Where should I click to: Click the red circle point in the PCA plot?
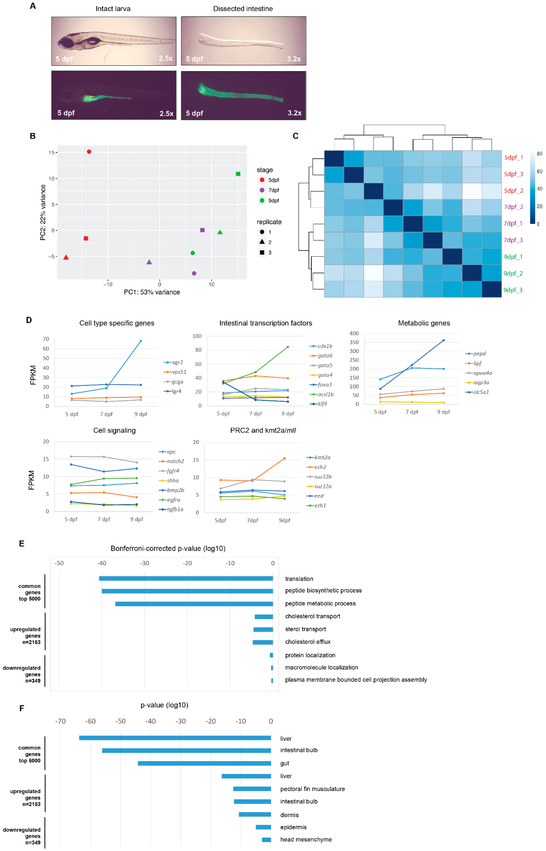click(x=89, y=152)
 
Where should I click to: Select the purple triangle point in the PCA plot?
click(x=149, y=262)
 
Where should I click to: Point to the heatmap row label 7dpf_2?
click(x=513, y=207)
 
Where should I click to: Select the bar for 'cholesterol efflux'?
click(x=263, y=642)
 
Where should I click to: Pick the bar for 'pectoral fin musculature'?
click(x=252, y=789)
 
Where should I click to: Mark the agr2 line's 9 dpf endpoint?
click(x=141, y=341)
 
